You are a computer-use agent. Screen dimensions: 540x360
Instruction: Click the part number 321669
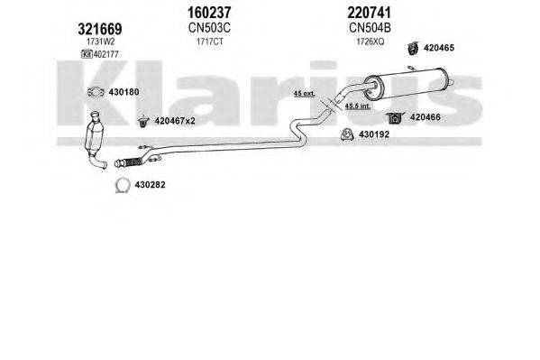click(x=100, y=29)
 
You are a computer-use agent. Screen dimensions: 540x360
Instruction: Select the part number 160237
click(x=209, y=13)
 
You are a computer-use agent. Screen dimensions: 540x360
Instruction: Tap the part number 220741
click(x=370, y=13)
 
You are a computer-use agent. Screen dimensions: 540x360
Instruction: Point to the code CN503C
click(x=209, y=28)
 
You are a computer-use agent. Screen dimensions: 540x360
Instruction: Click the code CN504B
click(x=370, y=28)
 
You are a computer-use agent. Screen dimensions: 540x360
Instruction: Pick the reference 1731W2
click(x=100, y=42)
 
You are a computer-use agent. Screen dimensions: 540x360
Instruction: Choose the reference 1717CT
click(x=210, y=42)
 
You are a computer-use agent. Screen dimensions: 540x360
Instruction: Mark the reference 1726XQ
click(x=371, y=42)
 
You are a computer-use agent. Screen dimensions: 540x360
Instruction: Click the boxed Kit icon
click(x=87, y=54)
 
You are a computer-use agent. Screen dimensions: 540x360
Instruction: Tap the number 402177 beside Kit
click(x=106, y=54)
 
